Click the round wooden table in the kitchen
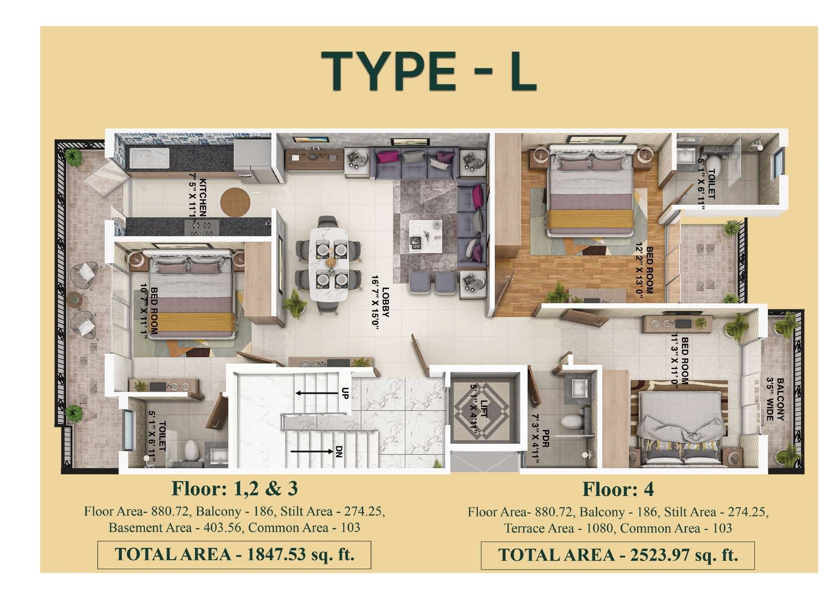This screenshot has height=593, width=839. (235, 201)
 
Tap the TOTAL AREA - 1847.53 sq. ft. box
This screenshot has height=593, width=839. (234, 554)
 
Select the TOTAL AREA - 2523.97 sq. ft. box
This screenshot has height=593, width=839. (618, 555)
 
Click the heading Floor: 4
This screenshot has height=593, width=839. (618, 489)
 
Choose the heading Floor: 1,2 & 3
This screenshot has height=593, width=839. (234, 488)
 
